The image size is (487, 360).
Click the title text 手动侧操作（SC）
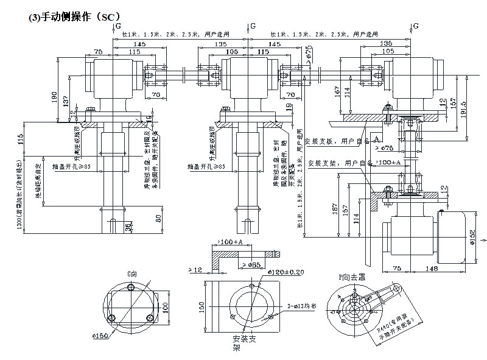[x=75, y=18]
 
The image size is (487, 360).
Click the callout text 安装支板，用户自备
[x=338, y=140]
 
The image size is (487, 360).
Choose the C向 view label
[x=131, y=275]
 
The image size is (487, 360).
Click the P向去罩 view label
[x=351, y=276]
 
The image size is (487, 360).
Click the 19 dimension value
[x=289, y=108]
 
